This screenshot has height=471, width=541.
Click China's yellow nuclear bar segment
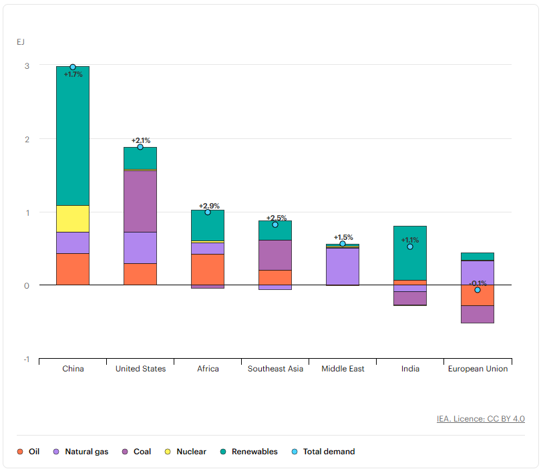[x=73, y=218]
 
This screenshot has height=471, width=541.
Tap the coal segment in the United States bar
[x=140, y=201]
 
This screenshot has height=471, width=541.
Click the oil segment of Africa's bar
[x=208, y=269]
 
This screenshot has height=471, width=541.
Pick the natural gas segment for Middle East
[x=343, y=266]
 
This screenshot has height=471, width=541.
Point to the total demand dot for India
[x=410, y=247]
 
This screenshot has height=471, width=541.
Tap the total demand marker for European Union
[x=478, y=290]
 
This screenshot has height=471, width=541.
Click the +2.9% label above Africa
[x=209, y=206]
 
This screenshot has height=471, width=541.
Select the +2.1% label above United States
[x=141, y=140]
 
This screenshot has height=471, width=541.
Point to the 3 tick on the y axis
[x=27, y=65]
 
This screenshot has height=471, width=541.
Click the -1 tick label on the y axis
[x=27, y=359]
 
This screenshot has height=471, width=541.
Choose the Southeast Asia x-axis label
[x=275, y=369]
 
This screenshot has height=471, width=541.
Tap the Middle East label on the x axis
[x=343, y=369]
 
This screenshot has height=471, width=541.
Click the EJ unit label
[x=21, y=42]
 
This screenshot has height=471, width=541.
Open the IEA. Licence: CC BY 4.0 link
[x=480, y=419]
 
